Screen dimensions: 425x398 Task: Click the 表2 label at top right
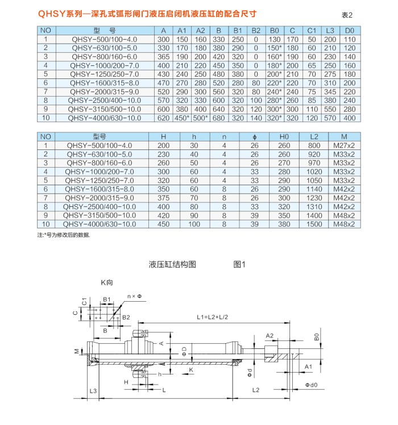(347, 15)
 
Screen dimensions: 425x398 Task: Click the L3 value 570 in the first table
(330, 118)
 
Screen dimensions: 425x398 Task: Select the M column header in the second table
(344, 136)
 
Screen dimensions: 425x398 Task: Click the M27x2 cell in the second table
(344, 146)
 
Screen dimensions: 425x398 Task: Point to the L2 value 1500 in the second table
(314, 225)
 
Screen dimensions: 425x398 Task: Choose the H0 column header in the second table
(284, 136)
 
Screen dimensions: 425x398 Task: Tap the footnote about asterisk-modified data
(63, 235)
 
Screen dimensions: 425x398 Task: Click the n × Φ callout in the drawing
(135, 297)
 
